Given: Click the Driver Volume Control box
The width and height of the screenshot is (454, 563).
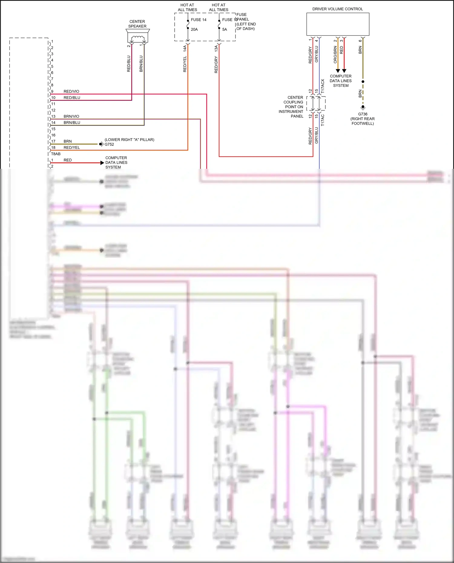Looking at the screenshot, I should [337, 24].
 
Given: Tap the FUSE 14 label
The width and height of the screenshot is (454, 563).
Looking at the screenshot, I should [199, 20].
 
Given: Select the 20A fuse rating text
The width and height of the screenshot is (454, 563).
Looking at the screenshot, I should [194, 29].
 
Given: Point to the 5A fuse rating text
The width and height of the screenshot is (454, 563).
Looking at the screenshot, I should [225, 29].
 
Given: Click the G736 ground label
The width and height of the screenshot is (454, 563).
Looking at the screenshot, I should [363, 114].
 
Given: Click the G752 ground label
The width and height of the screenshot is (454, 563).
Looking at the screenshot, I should [109, 144].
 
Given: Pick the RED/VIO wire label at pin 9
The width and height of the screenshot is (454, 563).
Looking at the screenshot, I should [71, 91].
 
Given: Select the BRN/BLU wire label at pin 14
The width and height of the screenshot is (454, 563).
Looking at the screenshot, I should [72, 123].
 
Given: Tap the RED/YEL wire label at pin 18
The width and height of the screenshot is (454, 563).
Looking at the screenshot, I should [72, 148].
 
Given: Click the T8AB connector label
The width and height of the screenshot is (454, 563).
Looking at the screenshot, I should [56, 154].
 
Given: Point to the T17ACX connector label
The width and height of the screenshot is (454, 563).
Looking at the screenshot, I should [323, 86].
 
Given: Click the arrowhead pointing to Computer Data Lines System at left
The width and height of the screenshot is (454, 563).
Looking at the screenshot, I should [102, 163].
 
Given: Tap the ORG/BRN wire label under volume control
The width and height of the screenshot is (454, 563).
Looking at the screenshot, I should [335, 55].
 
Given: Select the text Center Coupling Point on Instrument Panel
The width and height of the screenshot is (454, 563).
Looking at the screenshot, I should [291, 107].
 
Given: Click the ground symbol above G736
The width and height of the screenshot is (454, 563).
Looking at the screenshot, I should [363, 107].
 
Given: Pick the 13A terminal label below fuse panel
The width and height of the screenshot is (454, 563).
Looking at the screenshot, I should [216, 48].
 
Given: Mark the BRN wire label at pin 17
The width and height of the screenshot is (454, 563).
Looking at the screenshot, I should [67, 141].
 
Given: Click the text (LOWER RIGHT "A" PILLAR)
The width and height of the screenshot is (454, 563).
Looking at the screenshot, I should [130, 139].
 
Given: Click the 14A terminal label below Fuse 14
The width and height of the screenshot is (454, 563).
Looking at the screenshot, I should [185, 48].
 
